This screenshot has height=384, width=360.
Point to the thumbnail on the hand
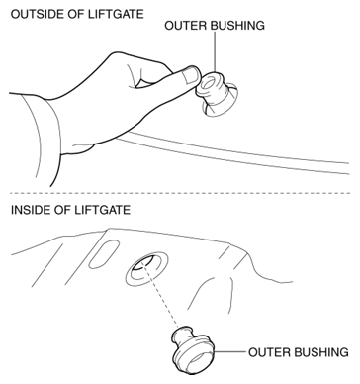coord(190,75)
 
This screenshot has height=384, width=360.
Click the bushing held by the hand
coord(214,91)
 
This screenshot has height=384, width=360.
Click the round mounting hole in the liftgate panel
coord(146,269)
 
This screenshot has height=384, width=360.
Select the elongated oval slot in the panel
coord(104,254)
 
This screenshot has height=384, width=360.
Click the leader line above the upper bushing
coord(215,51)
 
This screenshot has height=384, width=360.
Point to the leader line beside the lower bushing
coord(229,352)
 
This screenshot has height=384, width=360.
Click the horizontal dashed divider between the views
coord(180,193)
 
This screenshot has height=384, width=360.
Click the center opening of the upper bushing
coord(209,84)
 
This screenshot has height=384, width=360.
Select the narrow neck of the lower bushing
coord(182,338)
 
